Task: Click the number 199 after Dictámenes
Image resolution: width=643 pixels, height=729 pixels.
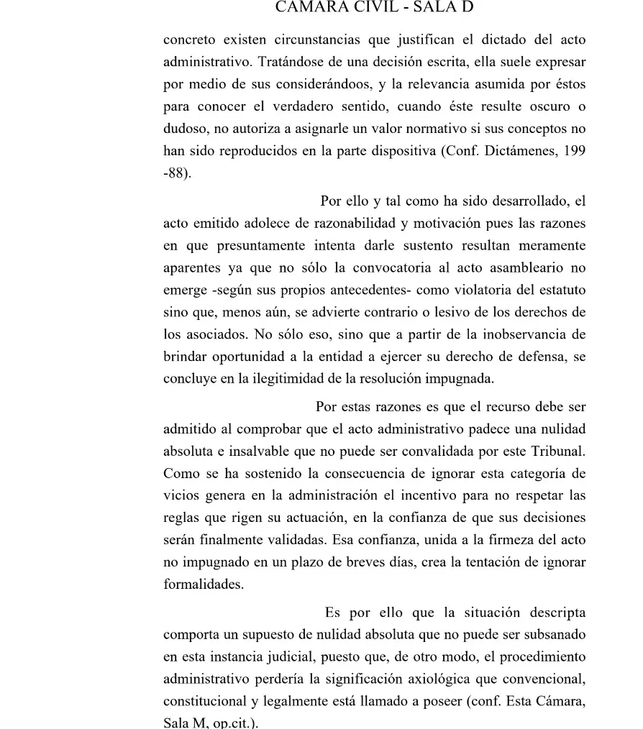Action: point(575,152)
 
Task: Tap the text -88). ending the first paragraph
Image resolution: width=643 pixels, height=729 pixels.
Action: point(178,174)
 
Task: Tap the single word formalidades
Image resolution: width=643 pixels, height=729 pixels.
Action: point(204,584)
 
